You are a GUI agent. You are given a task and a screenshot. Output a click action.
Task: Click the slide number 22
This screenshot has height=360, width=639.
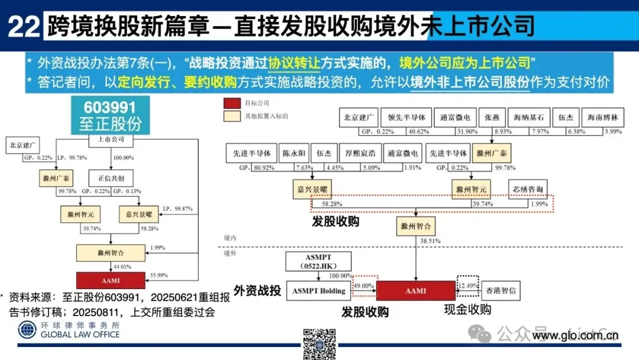24,27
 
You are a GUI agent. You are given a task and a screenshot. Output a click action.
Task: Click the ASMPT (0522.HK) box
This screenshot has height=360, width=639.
318,261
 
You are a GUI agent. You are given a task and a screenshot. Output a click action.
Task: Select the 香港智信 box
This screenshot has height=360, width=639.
499,291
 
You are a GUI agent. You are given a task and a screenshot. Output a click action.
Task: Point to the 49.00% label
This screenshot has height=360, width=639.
362,285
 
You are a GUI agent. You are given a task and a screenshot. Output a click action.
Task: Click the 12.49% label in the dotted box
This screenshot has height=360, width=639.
467,285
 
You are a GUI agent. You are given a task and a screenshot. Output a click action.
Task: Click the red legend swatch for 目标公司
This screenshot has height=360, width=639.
231,103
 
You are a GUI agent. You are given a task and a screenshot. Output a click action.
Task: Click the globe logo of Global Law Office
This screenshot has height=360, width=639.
27,330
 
